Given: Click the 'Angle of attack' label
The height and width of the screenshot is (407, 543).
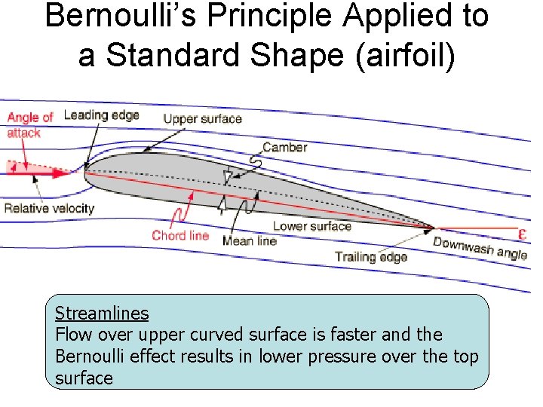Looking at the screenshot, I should point(29,124).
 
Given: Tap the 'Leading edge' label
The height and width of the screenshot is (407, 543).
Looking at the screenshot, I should point(101,115).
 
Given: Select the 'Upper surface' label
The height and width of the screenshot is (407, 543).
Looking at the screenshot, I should point(202,118).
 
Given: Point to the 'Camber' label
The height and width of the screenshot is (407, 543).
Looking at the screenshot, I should point(284,148).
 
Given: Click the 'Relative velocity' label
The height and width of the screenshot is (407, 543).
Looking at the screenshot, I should point(49,208).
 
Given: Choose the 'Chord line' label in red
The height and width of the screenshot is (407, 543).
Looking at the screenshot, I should point(179,235).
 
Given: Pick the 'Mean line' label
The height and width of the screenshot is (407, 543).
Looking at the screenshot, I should point(249,241).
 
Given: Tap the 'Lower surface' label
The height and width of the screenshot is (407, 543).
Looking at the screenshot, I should point(311,226).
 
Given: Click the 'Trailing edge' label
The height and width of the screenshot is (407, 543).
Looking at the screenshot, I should point(370,257).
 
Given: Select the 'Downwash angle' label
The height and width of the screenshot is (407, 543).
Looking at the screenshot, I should point(480,247).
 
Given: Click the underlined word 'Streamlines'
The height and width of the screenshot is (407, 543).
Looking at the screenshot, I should point(102,314).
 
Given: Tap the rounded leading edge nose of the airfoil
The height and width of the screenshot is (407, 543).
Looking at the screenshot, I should point(85,173).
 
